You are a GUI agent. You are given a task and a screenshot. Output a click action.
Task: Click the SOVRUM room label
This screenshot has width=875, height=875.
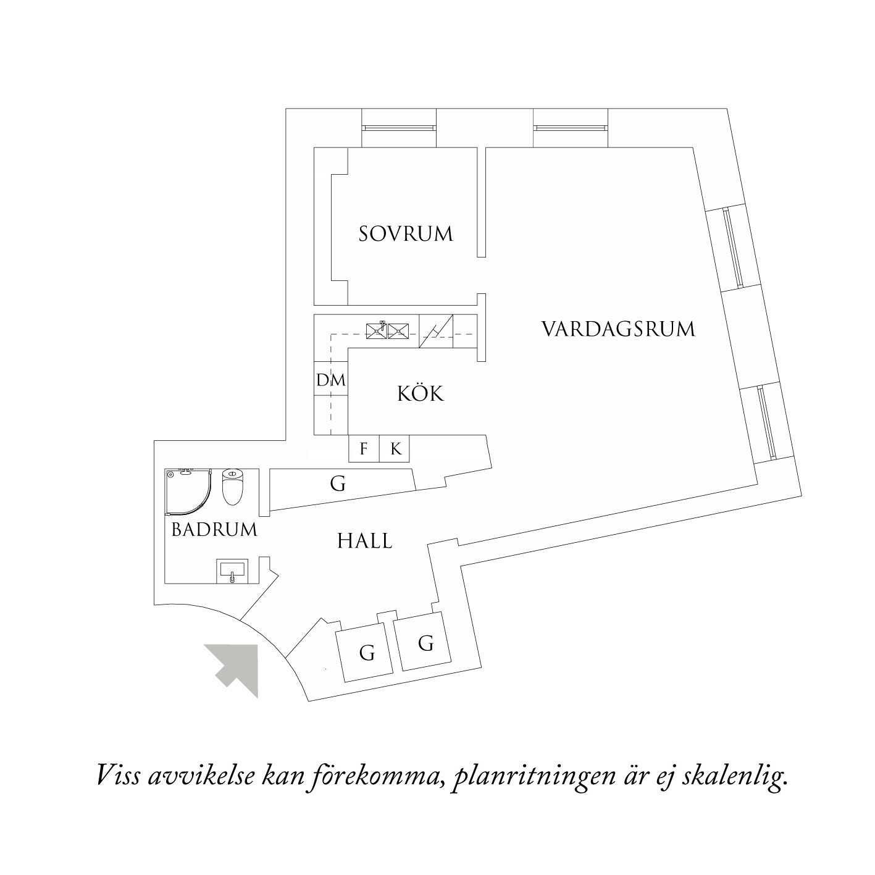(x=406, y=234)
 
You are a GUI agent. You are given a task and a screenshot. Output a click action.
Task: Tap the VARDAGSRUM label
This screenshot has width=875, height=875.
(x=618, y=329)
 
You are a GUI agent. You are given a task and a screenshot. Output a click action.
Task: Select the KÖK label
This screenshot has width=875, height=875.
(x=421, y=393)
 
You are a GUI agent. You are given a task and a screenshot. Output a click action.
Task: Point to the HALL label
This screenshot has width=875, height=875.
(x=364, y=541)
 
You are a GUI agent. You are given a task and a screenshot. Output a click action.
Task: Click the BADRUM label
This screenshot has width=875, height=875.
(x=214, y=529)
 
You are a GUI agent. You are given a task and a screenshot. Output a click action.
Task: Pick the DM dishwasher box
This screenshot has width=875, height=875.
(x=331, y=380)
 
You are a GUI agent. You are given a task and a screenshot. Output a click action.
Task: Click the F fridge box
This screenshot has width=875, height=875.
(x=364, y=449)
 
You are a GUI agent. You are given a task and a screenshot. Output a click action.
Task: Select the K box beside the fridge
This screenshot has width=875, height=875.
(x=395, y=449)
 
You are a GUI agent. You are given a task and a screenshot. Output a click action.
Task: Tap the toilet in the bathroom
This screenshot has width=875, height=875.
(x=233, y=486)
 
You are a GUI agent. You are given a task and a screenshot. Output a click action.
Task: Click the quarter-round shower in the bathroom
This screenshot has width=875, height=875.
(x=187, y=491)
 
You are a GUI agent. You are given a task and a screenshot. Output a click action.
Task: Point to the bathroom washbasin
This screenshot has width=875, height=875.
(x=232, y=571)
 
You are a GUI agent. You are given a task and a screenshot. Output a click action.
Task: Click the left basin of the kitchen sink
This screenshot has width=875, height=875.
(x=376, y=331)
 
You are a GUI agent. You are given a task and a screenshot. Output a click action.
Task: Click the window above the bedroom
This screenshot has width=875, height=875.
(x=398, y=128)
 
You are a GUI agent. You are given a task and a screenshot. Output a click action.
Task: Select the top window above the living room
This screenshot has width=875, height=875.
(x=570, y=128)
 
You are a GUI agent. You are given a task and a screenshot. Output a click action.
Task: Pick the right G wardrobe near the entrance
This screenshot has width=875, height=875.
(x=424, y=643)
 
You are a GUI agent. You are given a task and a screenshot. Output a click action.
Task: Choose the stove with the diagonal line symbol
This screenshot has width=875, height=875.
(x=436, y=332)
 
